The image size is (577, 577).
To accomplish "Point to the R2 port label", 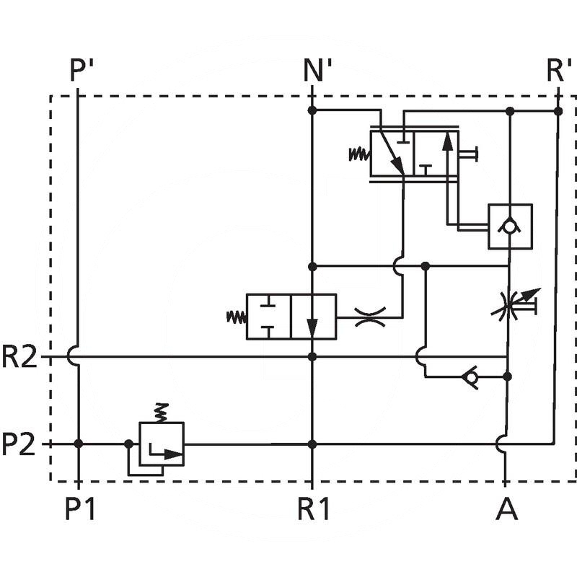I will [x=19, y=357].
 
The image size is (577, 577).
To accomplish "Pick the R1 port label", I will [x=314, y=510].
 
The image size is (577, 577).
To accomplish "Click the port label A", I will [x=506, y=510].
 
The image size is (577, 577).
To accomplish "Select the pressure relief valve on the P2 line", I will [x=162, y=444].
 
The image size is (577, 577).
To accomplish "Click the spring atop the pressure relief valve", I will [x=162, y=412].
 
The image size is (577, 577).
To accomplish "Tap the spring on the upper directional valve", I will [x=358, y=154].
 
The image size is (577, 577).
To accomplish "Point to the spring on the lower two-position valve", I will [x=236, y=316].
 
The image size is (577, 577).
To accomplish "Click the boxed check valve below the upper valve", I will [x=510, y=226].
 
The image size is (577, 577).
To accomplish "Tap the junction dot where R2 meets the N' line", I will [x=312, y=356].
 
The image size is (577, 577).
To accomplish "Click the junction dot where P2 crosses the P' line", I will [x=79, y=444].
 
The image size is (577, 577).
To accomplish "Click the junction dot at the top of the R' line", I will [x=558, y=111].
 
